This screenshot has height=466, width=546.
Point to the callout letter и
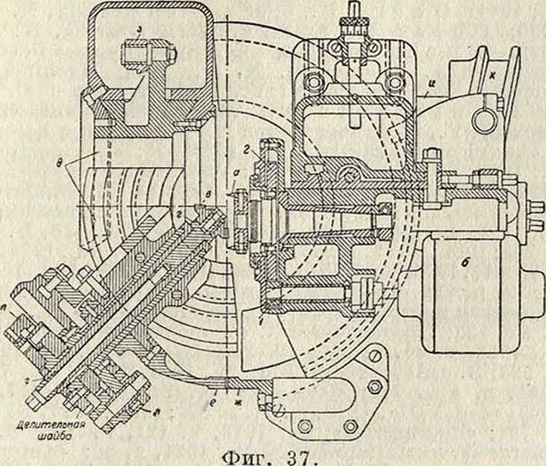point(429,90)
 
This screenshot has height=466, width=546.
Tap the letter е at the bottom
point(215,392)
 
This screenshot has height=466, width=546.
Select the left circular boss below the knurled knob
point(310,79)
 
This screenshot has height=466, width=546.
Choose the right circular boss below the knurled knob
point(392,79)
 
